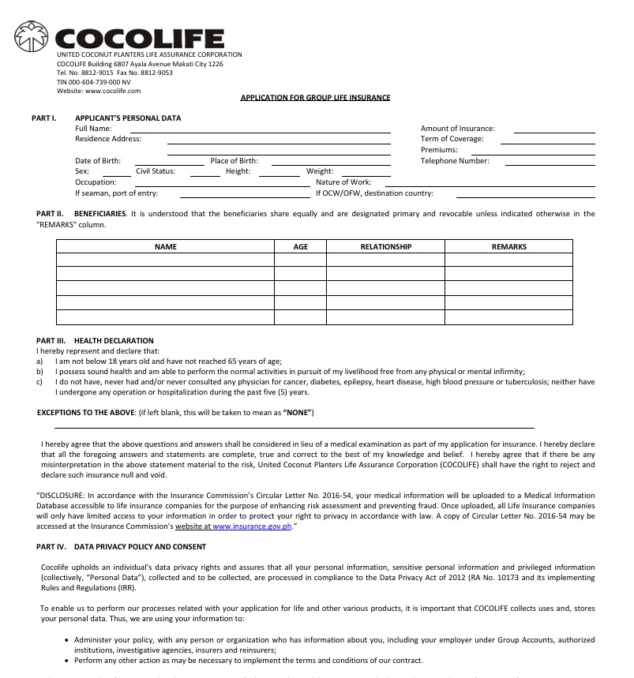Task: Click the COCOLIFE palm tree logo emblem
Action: pyautogui.click(x=33, y=36)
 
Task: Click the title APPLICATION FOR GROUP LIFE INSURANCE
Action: pyautogui.click(x=315, y=97)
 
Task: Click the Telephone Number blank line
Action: pyautogui.click(x=550, y=163)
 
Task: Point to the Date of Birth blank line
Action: pyautogui.click(x=169, y=163)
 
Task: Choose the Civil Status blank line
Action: pyautogui.click(x=204, y=174)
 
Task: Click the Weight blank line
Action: pyautogui.click(x=366, y=174)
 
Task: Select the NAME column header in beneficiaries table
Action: pyautogui.click(x=165, y=247)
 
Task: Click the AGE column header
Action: pyautogui.click(x=300, y=247)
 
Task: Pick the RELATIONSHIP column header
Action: pyautogui.click(x=385, y=247)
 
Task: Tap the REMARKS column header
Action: pyautogui.click(x=508, y=247)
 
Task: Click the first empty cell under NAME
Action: pyautogui.click(x=165, y=260)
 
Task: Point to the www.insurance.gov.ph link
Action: pyautogui.click(x=252, y=525)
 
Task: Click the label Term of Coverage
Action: pyautogui.click(x=452, y=139)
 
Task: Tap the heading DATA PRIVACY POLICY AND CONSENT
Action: pyautogui.click(x=140, y=546)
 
